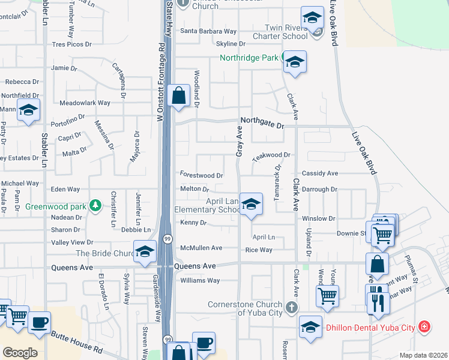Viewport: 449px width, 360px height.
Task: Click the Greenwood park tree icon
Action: pos(95,206)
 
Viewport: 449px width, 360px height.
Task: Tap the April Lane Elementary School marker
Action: pos(251,205)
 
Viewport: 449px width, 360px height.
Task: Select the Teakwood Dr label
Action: pos(271,155)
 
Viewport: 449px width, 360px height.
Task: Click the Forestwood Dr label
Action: pos(202,175)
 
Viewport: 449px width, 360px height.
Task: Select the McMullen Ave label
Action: pos(201,248)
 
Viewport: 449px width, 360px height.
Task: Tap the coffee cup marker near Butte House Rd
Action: pos(40,322)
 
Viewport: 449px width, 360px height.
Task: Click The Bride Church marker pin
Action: pos(145,252)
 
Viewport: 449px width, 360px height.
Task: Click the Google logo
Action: pos(20,352)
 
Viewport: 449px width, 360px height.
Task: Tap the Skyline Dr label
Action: pos(231,44)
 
